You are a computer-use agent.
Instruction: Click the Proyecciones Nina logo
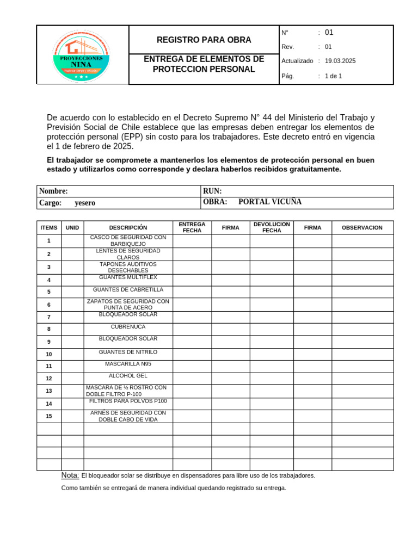(x=82, y=56)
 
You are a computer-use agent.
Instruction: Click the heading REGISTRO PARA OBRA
(x=204, y=40)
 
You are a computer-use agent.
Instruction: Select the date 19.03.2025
(x=340, y=61)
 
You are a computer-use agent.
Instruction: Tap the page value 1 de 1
(x=333, y=76)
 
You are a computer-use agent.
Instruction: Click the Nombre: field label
(x=53, y=191)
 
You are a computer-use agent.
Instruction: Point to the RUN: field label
(x=212, y=191)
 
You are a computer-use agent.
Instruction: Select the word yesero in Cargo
(x=85, y=203)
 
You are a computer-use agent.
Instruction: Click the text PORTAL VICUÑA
(x=270, y=202)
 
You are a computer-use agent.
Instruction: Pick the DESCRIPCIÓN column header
(x=128, y=227)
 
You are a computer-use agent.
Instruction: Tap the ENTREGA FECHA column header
(x=192, y=227)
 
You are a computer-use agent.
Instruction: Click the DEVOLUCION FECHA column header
(x=272, y=227)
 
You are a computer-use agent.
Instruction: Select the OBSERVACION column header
(x=362, y=227)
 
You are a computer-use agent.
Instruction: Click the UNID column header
(x=72, y=227)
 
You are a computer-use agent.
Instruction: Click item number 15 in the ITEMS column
(x=49, y=416)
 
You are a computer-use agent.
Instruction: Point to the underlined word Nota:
(x=70, y=475)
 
